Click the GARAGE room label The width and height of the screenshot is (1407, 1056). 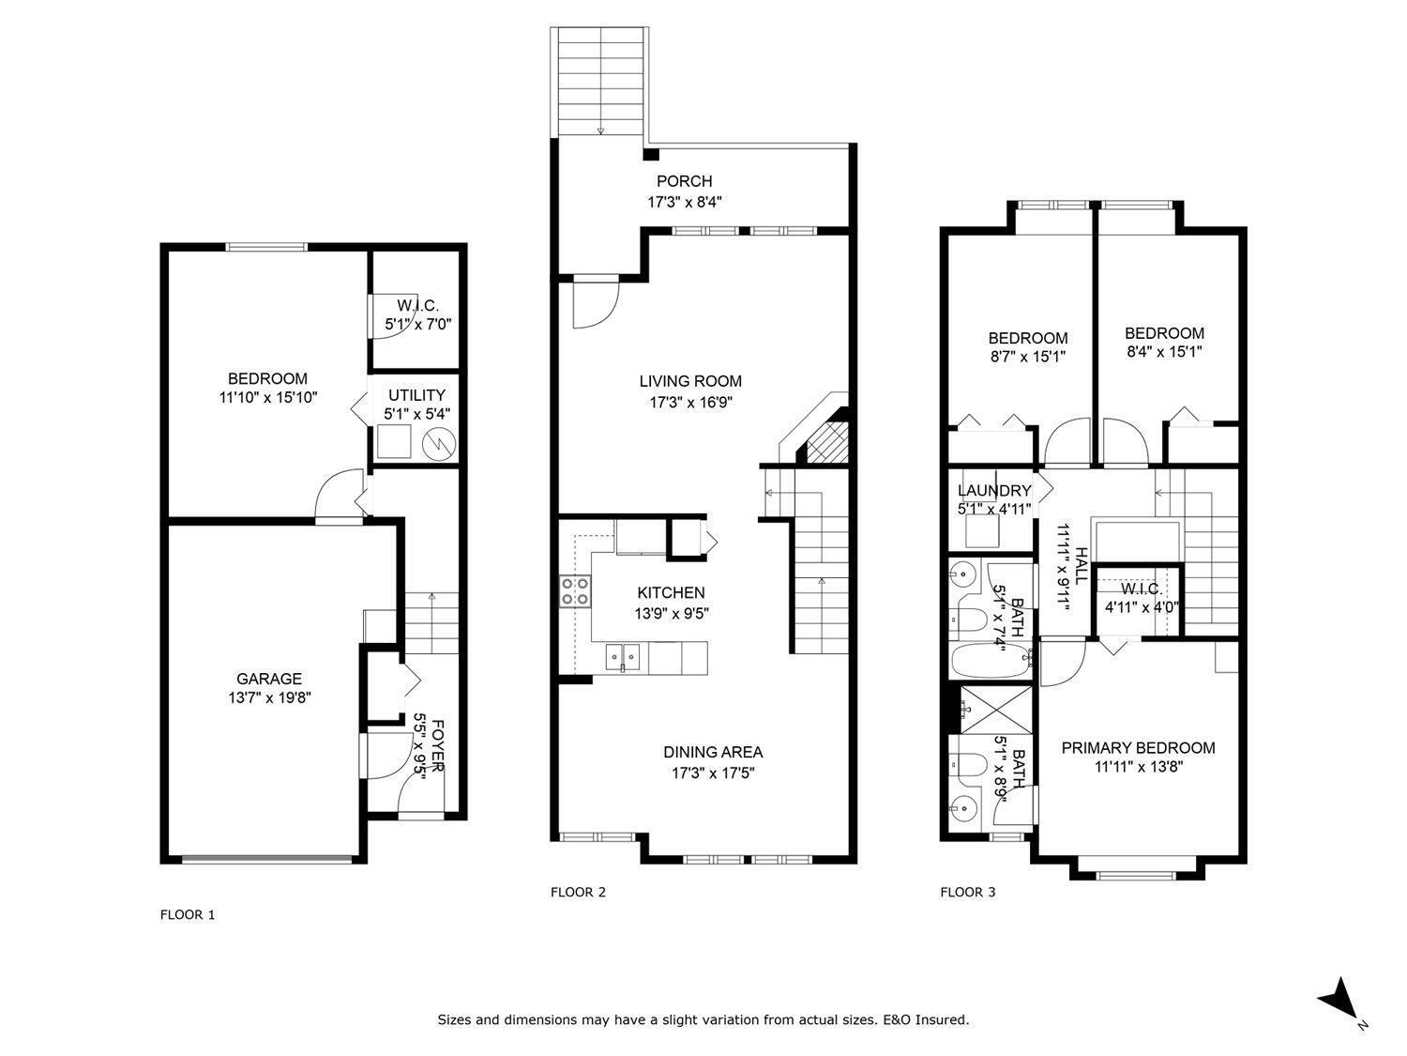(x=268, y=679)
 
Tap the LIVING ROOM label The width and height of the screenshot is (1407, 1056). (x=690, y=381)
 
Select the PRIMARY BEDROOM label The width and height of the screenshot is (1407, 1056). (x=1138, y=747)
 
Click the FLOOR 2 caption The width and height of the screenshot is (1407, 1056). (x=578, y=892)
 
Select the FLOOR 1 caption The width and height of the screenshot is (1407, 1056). (x=188, y=914)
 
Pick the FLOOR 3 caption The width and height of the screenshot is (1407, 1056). (x=967, y=892)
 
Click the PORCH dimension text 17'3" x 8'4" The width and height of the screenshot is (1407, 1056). (x=685, y=201)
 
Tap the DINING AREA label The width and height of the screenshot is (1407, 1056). (x=713, y=752)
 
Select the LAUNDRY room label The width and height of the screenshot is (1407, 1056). (x=993, y=491)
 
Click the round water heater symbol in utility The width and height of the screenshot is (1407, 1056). (x=438, y=443)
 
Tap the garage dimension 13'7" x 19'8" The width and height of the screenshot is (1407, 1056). (x=268, y=698)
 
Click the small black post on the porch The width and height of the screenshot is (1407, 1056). (x=650, y=154)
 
